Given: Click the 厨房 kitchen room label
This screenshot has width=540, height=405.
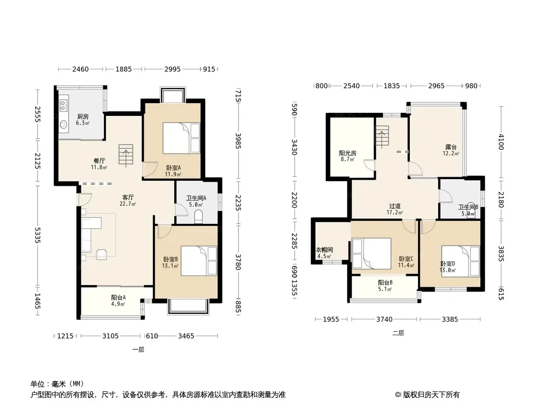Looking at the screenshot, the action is pyautogui.click(x=83, y=116).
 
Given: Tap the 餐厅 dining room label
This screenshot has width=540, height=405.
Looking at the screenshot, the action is pyautogui.click(x=99, y=160).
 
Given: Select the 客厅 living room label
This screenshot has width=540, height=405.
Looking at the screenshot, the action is pyautogui.click(x=128, y=197).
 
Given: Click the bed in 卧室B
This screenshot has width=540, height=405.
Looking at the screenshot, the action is pyautogui.click(x=199, y=261).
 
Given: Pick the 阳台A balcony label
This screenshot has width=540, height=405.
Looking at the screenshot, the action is pyautogui.click(x=118, y=297).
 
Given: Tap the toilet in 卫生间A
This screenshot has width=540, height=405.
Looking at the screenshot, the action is pyautogui.click(x=199, y=217).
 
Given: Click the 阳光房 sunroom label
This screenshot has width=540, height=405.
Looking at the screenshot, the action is pyautogui.click(x=348, y=153).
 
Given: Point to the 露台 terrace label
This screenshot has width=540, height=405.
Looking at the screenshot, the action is pyautogui.click(x=451, y=147).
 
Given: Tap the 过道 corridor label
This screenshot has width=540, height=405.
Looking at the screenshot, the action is pyautogui.click(x=395, y=206).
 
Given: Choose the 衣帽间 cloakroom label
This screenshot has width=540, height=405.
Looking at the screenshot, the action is pyautogui.click(x=324, y=250).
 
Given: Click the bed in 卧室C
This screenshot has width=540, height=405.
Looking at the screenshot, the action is pyautogui.click(x=372, y=253).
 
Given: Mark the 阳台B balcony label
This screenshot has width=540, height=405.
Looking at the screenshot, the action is pyautogui.click(x=385, y=283).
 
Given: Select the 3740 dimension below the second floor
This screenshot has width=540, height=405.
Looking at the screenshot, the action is pyautogui.click(x=384, y=319).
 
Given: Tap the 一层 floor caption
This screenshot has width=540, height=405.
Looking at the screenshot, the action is pyautogui.click(x=138, y=350).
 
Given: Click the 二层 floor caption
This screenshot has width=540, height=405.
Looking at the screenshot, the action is pyautogui.click(x=398, y=333).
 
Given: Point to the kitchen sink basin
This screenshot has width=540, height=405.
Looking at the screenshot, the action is pyautogui.click(x=63, y=125).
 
